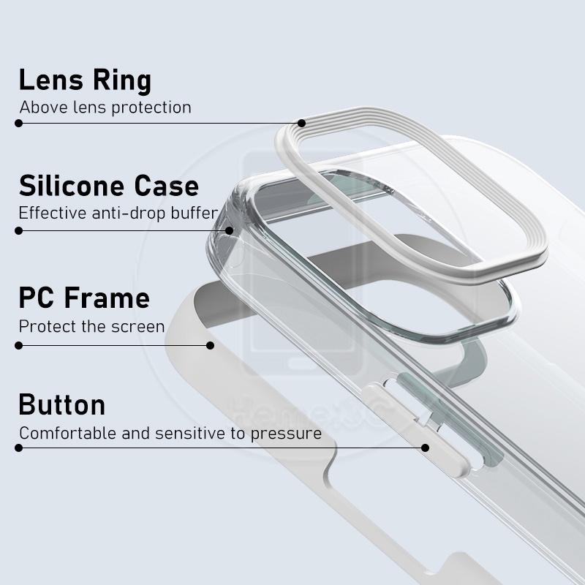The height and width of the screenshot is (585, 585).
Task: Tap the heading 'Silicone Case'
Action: pos(108,186)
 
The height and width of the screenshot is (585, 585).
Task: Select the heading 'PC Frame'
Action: pos(84,298)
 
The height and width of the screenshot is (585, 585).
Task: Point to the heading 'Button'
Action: pos(62,404)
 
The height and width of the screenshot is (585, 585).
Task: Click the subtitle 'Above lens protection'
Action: pos(105,107)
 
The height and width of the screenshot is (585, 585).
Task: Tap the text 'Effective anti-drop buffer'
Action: pos(118,214)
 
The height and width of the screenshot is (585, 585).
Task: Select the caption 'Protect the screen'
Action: pos(91,326)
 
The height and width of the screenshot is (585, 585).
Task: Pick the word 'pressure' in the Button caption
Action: pos(286,433)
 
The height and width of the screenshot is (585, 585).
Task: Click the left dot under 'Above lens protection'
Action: pos(19,123)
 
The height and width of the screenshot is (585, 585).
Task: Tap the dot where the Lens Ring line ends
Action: pos(301,123)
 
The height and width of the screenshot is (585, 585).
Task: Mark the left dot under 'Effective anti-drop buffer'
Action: pos(19,230)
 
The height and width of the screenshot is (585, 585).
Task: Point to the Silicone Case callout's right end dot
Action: pos(229,230)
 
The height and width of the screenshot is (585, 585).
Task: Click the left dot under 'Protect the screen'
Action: pos(19,344)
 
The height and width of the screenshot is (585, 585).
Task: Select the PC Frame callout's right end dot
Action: pos(211,344)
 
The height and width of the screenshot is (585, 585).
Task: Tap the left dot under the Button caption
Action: pos(19,447)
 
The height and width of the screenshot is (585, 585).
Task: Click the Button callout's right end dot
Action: pos(424,447)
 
